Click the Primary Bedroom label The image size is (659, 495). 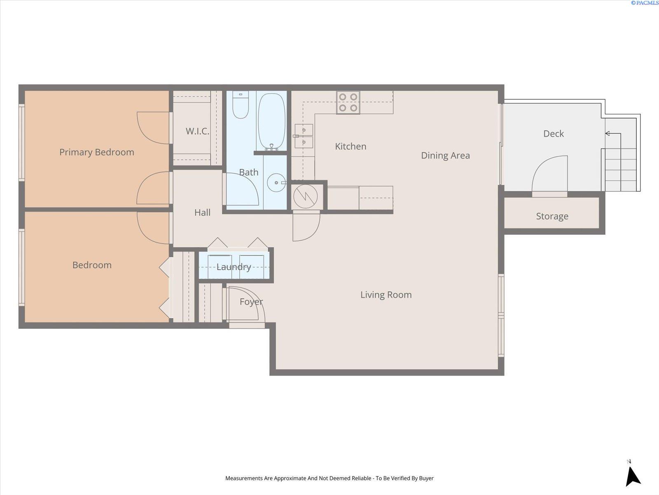97,152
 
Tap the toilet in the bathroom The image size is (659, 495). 241,105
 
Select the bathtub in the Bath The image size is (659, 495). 271,121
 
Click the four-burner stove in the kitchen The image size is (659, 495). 348,102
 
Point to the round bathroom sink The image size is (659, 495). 276,182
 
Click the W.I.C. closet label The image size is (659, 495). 197,131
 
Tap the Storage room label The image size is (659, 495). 552,216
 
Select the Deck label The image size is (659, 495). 553,134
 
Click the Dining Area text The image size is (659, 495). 445,156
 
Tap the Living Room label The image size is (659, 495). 386,295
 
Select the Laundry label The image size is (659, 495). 234,267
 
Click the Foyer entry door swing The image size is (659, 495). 247,303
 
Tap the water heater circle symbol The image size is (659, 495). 306,197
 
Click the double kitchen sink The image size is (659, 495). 304,136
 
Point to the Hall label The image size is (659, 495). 202,212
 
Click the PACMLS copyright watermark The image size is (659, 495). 644,3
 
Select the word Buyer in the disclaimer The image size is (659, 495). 426,478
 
